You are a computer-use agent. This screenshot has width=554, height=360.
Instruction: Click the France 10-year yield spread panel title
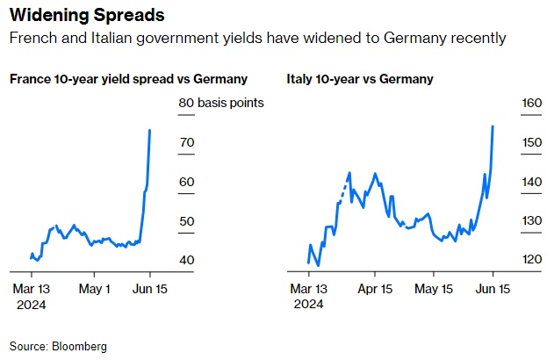[128, 79]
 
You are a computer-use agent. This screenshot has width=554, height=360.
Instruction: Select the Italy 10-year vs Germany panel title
[360, 79]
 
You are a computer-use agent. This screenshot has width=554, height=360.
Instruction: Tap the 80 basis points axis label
[220, 103]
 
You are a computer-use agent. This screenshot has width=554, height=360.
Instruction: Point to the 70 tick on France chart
[186, 142]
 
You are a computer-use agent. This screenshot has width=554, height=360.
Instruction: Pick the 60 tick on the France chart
[186, 182]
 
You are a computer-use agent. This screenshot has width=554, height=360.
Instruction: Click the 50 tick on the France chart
[186, 221]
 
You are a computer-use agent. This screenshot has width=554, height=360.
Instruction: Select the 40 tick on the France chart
[186, 260]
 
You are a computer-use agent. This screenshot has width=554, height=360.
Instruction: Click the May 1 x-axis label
[95, 288]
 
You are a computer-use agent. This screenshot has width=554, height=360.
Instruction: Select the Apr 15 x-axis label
[375, 288]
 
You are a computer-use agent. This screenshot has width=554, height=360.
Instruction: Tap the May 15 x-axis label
[434, 288]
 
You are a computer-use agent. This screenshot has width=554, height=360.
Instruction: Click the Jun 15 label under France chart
[149, 288]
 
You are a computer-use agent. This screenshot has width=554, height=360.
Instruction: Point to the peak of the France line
[150, 130]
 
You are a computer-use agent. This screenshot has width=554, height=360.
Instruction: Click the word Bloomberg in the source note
[78, 347]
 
